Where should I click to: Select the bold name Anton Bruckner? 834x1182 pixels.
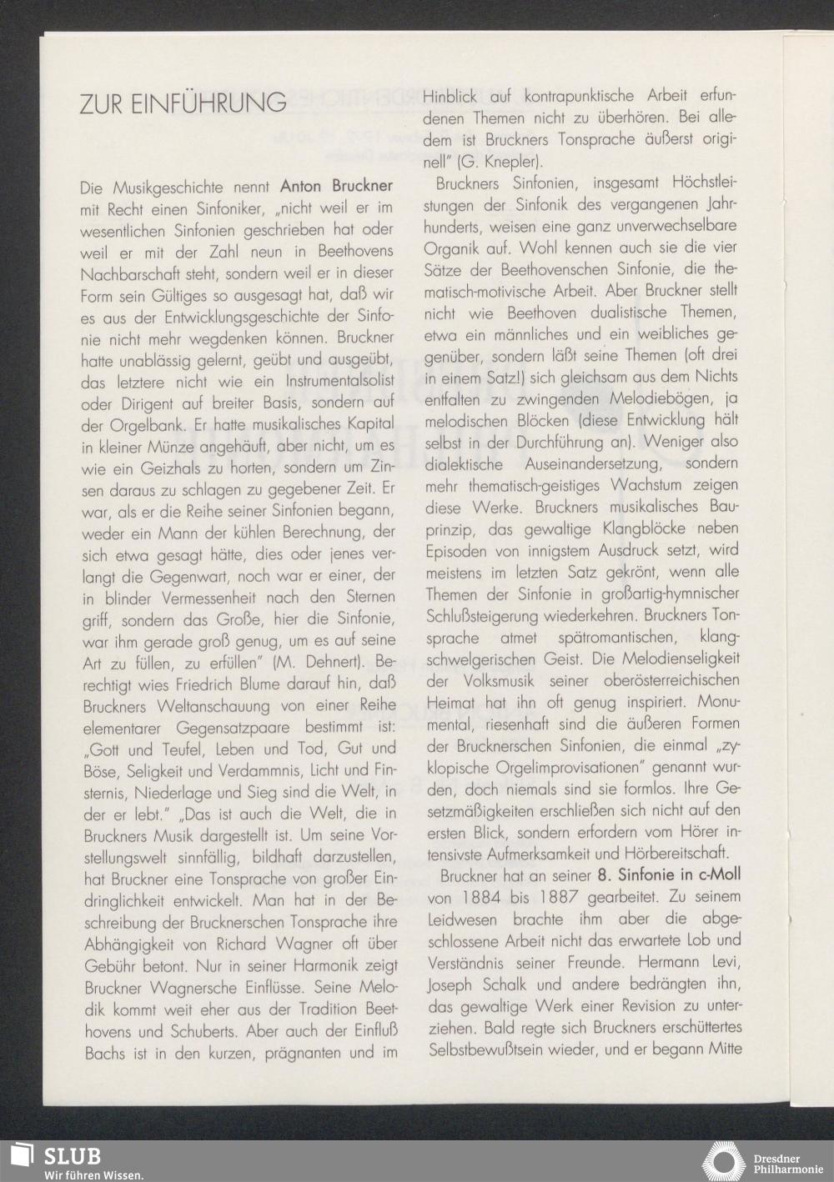337,185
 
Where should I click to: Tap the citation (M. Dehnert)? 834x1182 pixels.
316,662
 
